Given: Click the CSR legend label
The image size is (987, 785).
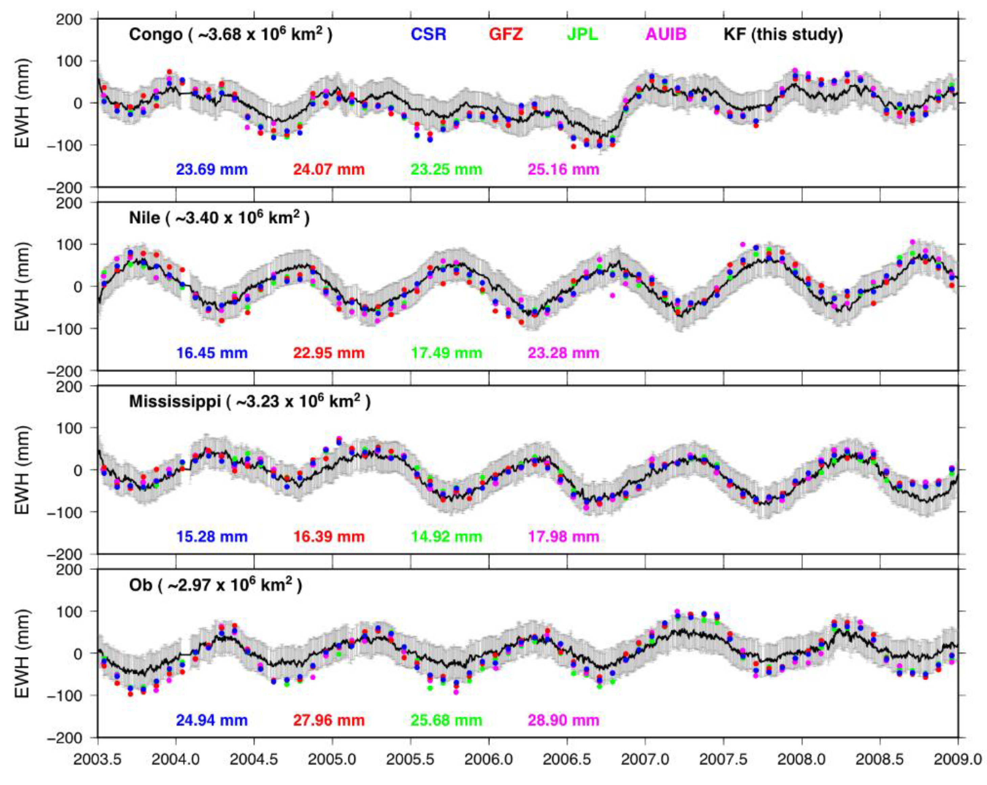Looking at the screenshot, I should pyautogui.click(x=428, y=34).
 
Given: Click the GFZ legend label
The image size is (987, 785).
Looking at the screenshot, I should pyautogui.click(x=506, y=34).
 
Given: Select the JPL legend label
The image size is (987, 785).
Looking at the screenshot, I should pyautogui.click(x=582, y=34).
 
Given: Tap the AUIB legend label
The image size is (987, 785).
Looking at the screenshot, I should pyautogui.click(x=666, y=34).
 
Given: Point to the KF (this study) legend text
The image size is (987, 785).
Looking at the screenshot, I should pyautogui.click(x=783, y=34).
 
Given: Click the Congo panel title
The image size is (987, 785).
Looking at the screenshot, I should pyautogui.click(x=231, y=34).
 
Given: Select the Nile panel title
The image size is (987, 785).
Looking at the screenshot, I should pyautogui.click(x=219, y=218).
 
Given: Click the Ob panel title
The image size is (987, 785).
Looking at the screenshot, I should pyautogui.click(x=216, y=585).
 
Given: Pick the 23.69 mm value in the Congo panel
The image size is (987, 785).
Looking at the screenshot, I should pyautogui.click(x=212, y=170).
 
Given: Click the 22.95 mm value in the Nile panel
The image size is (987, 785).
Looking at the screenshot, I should pyautogui.click(x=329, y=353).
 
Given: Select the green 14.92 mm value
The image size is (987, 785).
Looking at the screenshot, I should pyautogui.click(x=446, y=536).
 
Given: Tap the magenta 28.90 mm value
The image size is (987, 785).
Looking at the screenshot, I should pyautogui.click(x=564, y=720).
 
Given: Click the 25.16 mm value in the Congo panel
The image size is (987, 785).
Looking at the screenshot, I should pyautogui.click(x=564, y=170).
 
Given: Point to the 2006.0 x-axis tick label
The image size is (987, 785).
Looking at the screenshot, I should pyautogui.click(x=489, y=760).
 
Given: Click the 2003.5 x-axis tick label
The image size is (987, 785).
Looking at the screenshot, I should pyautogui.click(x=97, y=760).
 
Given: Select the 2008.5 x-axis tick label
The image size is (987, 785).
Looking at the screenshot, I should pyautogui.click(x=880, y=760).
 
